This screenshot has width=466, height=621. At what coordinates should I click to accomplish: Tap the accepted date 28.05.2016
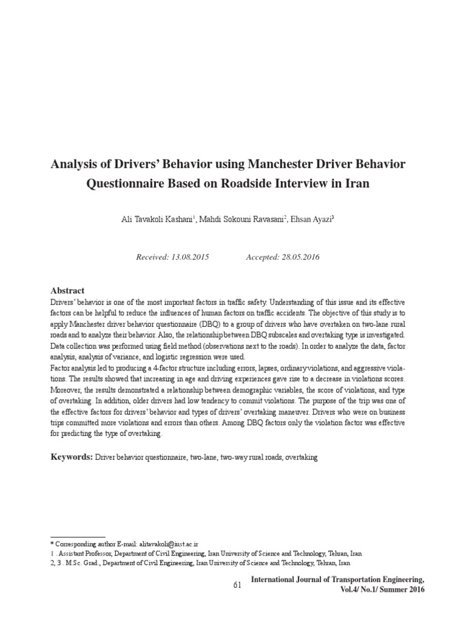click(299, 257)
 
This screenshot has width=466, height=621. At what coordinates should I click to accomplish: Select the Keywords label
click(71, 455)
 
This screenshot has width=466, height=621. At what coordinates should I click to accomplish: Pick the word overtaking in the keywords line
click(301, 456)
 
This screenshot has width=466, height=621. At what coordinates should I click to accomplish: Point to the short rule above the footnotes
click(78, 537)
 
